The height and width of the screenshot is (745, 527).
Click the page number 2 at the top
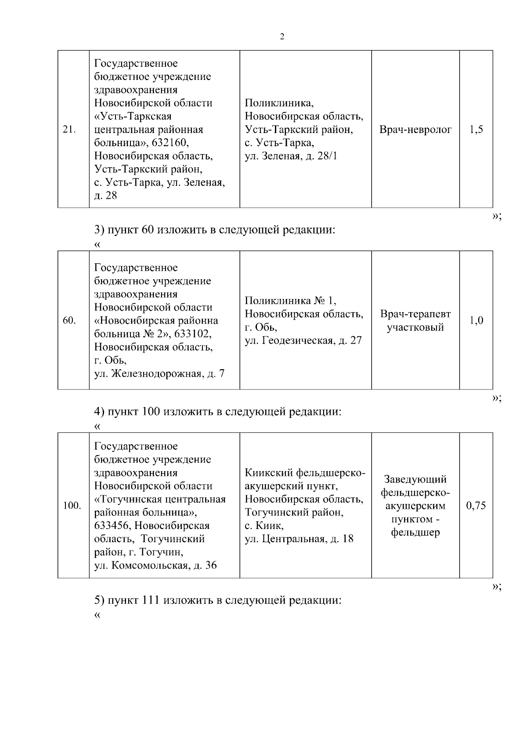click(x=282, y=37)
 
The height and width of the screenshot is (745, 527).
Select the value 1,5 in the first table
click(x=476, y=130)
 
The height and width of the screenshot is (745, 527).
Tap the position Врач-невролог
click(x=415, y=130)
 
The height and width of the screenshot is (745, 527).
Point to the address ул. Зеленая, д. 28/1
click(x=291, y=156)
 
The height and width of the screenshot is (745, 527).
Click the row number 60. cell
click(x=69, y=320)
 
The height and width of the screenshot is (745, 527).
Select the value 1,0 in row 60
click(x=476, y=320)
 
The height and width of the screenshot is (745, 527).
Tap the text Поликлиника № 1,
click(x=290, y=301)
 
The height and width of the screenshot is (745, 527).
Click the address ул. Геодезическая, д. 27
click(x=303, y=340)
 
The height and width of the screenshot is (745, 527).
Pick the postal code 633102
click(x=192, y=334)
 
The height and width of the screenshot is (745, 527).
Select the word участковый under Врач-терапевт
click(x=415, y=328)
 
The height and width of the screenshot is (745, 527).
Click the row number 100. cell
click(x=72, y=506)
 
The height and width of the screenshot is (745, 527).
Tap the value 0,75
click(x=476, y=506)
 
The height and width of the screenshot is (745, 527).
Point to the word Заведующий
click(x=415, y=479)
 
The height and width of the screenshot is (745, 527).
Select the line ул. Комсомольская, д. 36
click(x=155, y=565)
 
